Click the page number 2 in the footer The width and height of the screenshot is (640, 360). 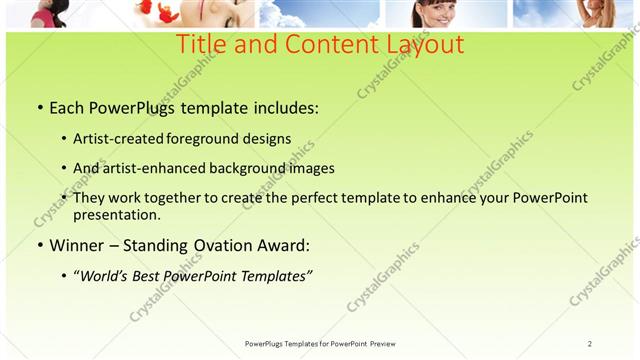pos(590,343)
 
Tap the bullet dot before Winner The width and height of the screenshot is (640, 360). pos(39,245)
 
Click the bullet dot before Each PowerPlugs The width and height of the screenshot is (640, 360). pos(39,107)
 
